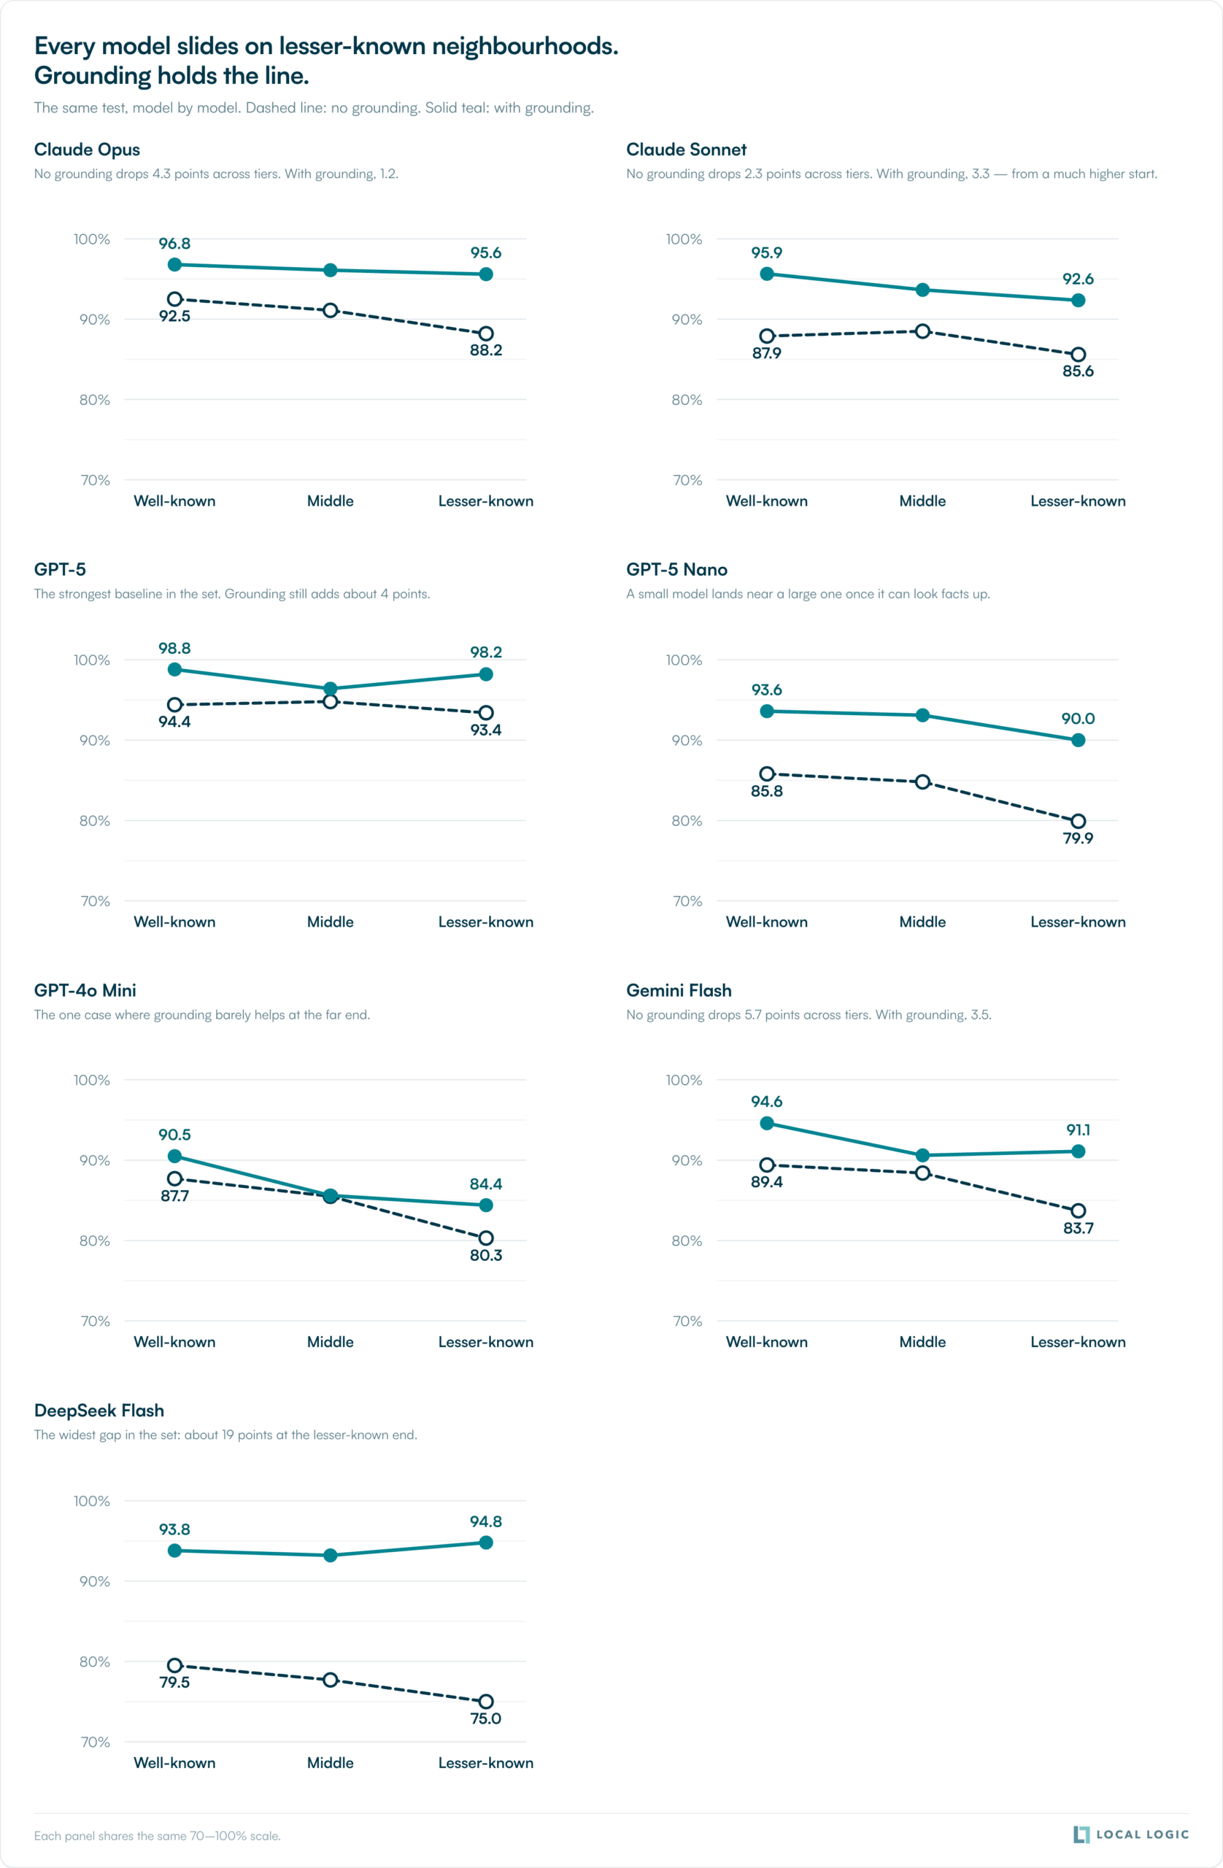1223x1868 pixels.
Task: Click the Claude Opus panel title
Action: [x=87, y=149]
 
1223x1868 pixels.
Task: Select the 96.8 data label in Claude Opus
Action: [x=174, y=243]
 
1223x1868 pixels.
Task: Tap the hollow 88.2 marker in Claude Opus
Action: [x=486, y=333]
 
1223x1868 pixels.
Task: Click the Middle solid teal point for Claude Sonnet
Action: [x=922, y=290]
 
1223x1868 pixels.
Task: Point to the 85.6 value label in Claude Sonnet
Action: [x=1078, y=371]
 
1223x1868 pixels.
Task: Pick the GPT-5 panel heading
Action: [x=60, y=569]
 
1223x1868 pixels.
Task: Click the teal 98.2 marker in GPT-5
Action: [x=486, y=674]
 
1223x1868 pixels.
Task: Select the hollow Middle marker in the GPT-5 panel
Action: [x=331, y=701]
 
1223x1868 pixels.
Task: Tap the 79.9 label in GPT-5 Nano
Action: [x=1078, y=838]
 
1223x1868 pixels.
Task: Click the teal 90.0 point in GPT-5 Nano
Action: [x=1078, y=740]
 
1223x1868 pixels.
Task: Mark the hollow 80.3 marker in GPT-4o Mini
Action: [x=486, y=1238]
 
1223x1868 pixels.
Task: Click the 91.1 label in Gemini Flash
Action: [x=1078, y=1130]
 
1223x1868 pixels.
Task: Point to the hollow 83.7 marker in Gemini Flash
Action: [x=1078, y=1211]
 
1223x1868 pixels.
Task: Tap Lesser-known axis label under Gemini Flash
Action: [x=1078, y=1342]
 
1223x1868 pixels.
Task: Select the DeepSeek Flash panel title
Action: [x=99, y=1410]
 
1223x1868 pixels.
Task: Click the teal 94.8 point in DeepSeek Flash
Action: [x=486, y=1543]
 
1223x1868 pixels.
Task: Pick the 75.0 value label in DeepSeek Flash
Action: [x=486, y=1718]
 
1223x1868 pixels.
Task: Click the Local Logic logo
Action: [x=1130, y=1834]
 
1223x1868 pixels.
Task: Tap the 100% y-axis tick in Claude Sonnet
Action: [x=684, y=239]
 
